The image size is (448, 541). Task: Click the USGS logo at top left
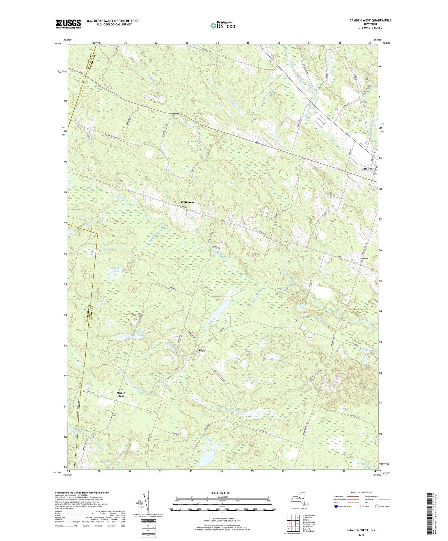68,24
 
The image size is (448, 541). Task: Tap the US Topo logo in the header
222,25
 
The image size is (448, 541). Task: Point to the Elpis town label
202,350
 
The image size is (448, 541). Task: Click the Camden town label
367,169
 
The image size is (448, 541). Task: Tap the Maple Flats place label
120,394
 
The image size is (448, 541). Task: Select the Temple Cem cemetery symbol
118,187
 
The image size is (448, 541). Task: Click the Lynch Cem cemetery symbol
111,417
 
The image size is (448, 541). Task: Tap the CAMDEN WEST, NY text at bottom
361,530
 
